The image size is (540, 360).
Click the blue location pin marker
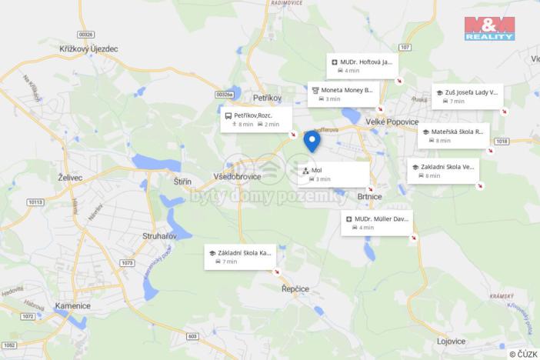[x=312, y=141]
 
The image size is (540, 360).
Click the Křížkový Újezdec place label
[x=88, y=48]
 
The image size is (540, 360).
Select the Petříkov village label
[x=268, y=98]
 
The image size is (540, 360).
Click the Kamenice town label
[x=73, y=305]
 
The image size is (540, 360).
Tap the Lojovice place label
[x=452, y=341]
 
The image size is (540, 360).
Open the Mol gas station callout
[x=333, y=174]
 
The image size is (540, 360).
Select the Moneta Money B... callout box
[x=343, y=94]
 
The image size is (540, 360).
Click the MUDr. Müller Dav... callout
[x=377, y=222]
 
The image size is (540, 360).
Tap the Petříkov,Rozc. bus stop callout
[x=256, y=119]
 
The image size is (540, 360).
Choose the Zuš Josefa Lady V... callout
[x=467, y=96]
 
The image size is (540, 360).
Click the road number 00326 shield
[x=85, y=34]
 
